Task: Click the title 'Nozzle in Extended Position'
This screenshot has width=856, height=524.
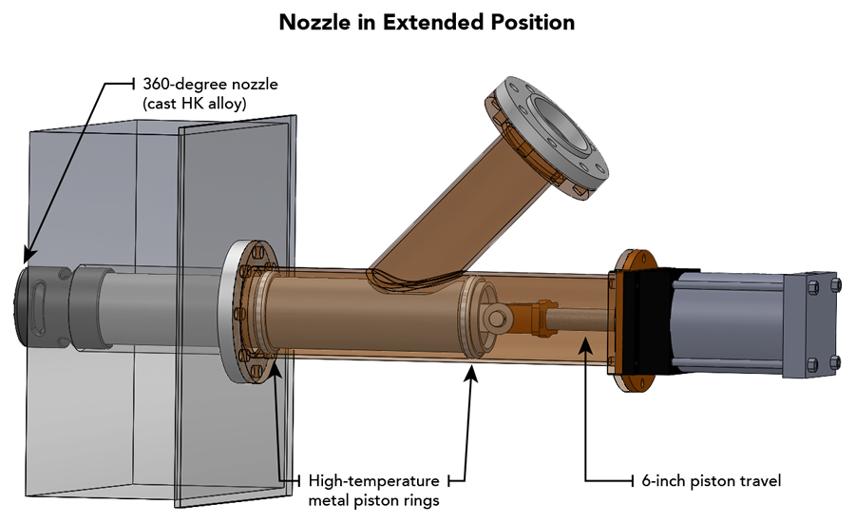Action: click(427, 22)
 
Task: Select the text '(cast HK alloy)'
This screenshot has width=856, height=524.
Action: click(194, 104)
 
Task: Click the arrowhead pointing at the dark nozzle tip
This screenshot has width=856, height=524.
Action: click(28, 254)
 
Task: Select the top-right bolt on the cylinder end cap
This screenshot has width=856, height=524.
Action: click(833, 284)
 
